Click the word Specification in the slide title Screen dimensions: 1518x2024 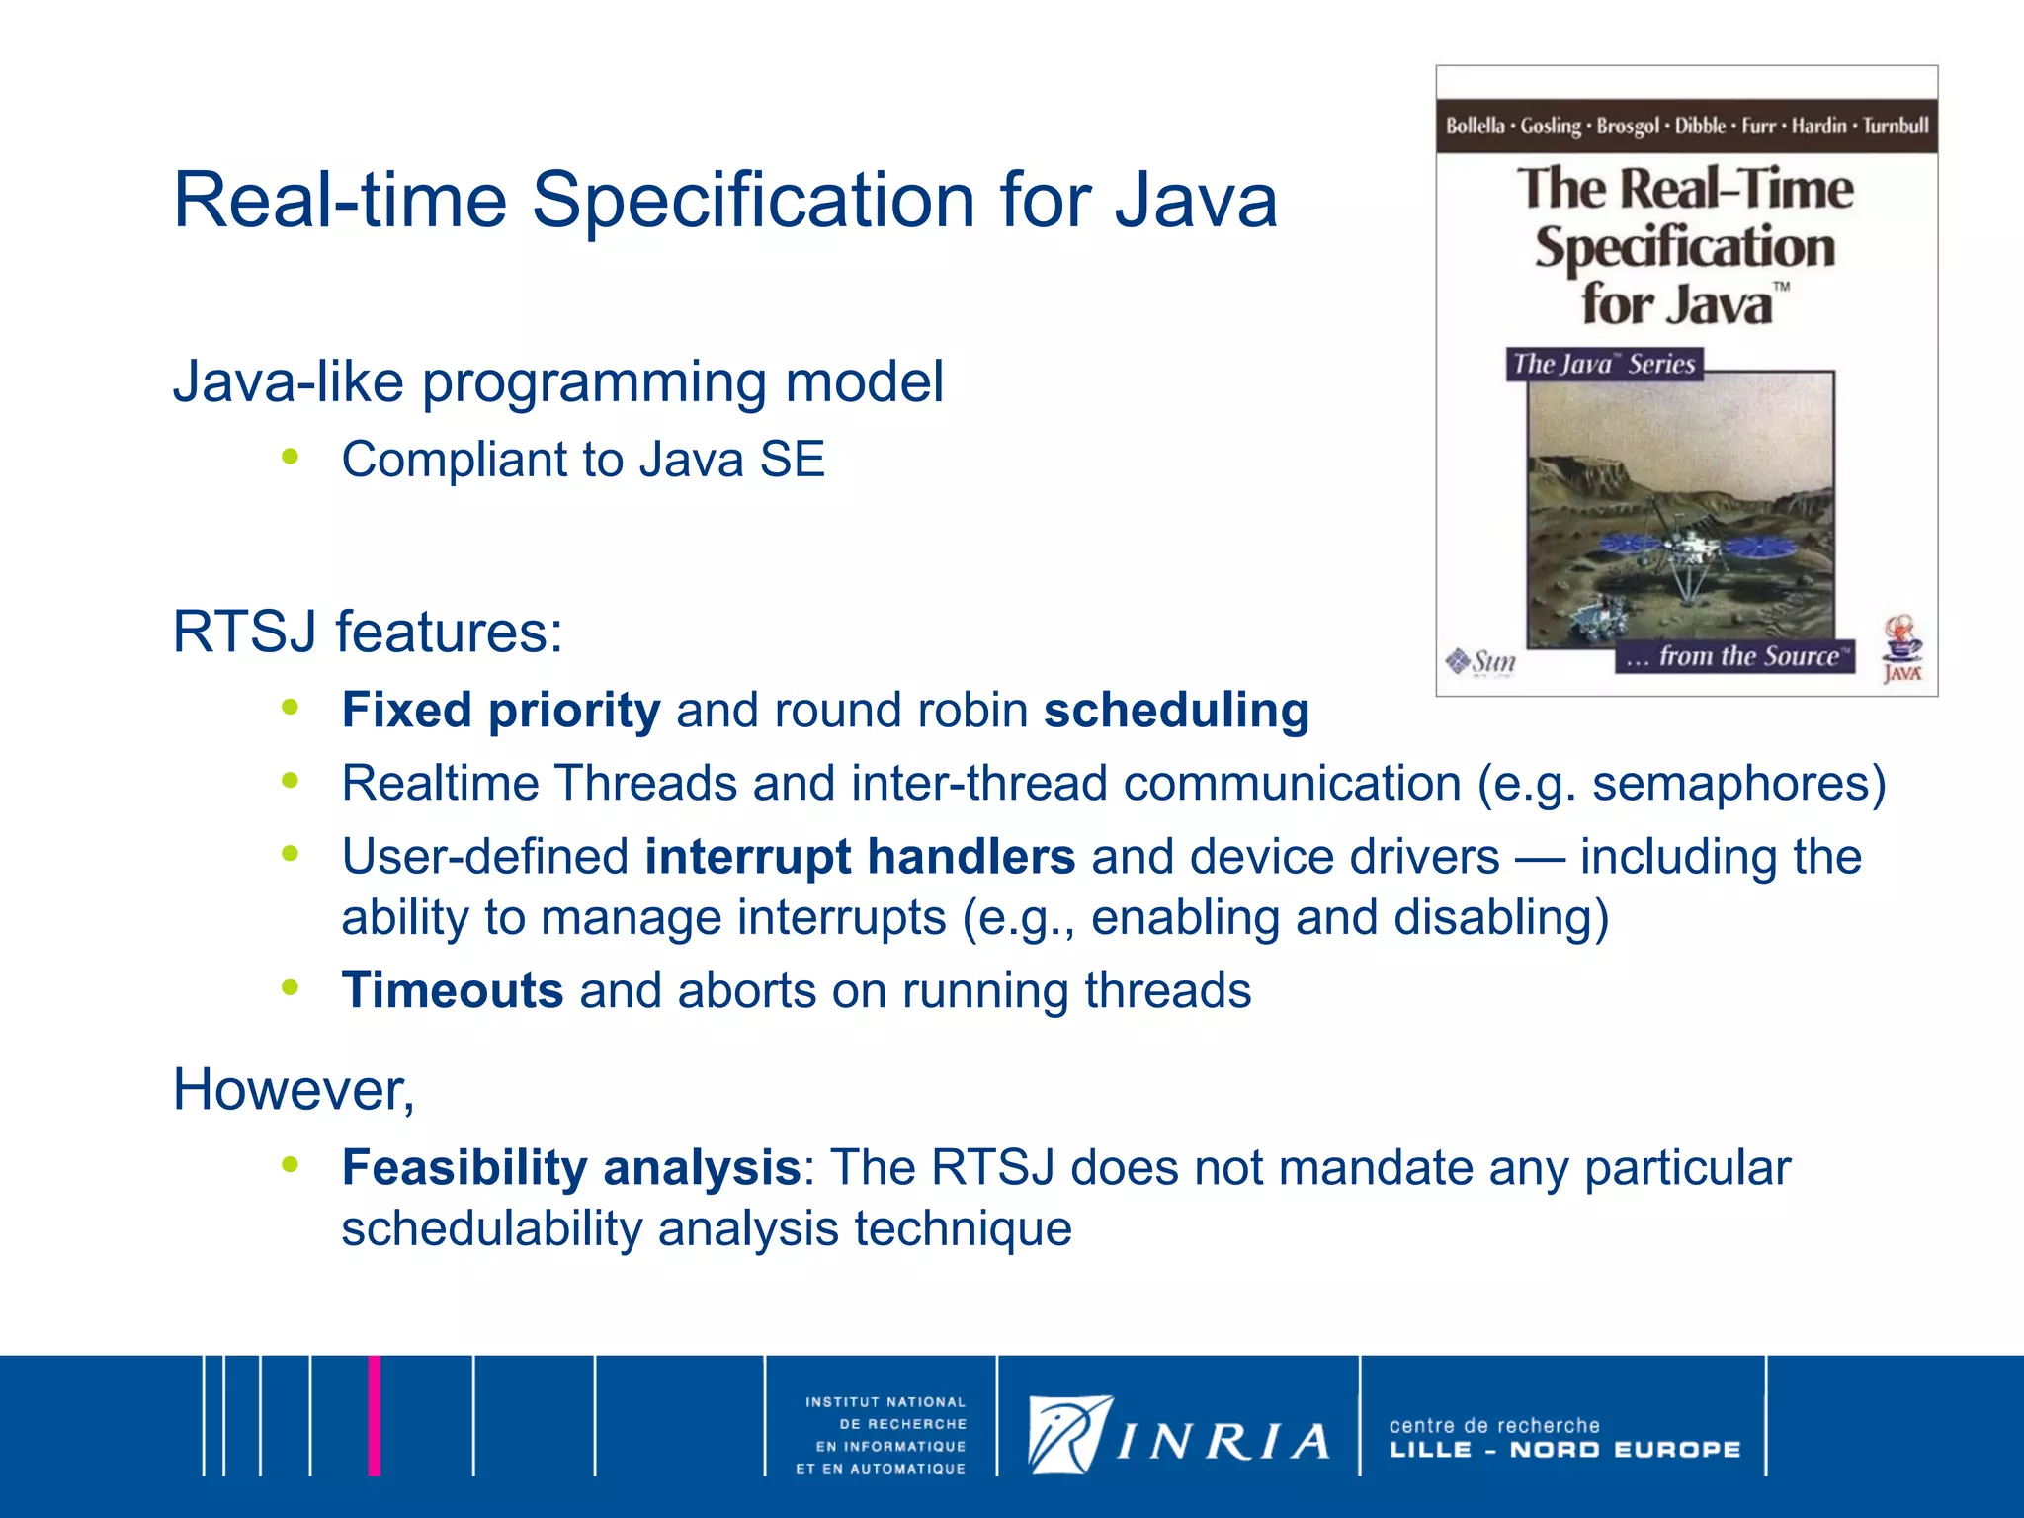tap(754, 201)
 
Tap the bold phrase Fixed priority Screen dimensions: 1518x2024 tap(500, 711)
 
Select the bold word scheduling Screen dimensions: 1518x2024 tap(1176, 711)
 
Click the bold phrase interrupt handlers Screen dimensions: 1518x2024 tap(860, 856)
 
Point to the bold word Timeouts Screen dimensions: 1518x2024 tap(453, 990)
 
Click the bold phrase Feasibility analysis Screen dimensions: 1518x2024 tap(570, 1167)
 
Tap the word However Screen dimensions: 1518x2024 tap(293, 1089)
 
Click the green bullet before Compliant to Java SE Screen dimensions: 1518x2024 tap(290, 457)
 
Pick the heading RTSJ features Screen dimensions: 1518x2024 tap(368, 632)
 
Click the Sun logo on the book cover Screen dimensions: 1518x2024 tap(1481, 661)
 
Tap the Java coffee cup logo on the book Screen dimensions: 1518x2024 tap(1902, 647)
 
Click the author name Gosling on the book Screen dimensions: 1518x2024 tap(1551, 126)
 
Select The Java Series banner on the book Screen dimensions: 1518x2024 tap(1604, 364)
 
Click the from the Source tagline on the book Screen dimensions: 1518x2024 tap(1736, 656)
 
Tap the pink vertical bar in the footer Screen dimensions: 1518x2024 tap(375, 1414)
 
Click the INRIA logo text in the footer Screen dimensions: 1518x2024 tap(1223, 1442)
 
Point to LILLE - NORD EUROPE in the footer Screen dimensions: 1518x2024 tap(1564, 1450)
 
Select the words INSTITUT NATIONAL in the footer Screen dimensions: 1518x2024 tap(885, 1401)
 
